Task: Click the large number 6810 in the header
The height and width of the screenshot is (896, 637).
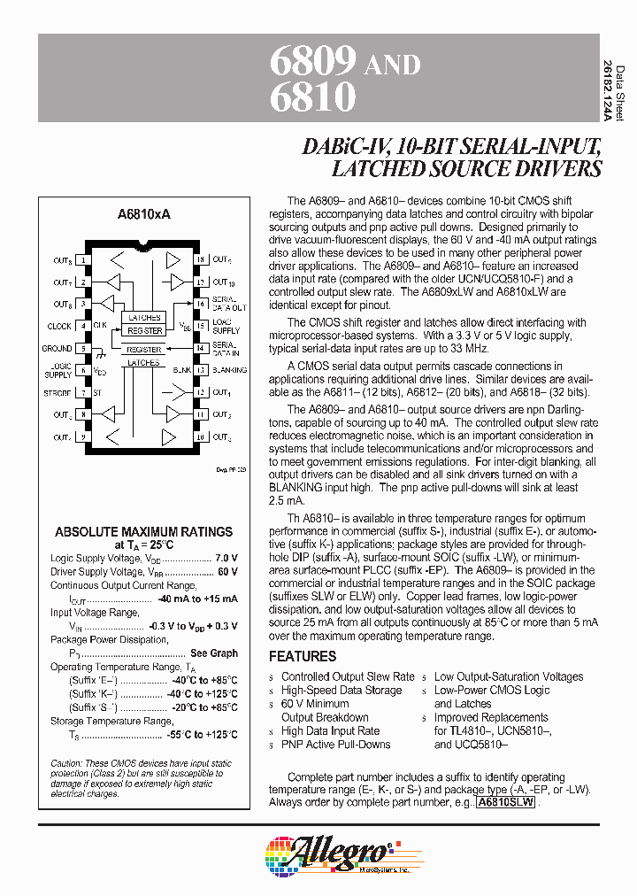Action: point(311,95)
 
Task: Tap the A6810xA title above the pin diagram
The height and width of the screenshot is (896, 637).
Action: point(143,214)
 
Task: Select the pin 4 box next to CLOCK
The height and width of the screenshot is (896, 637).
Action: point(84,326)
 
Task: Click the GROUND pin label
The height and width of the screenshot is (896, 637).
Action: point(58,348)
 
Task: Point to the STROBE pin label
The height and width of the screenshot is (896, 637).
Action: point(58,392)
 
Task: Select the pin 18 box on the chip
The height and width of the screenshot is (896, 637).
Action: point(200,259)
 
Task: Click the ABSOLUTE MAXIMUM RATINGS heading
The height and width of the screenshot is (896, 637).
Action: point(144,532)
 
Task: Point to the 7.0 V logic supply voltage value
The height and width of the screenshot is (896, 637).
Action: point(226,559)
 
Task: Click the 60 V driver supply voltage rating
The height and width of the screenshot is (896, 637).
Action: point(227,572)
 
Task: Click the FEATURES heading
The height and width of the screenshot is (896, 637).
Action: point(303,656)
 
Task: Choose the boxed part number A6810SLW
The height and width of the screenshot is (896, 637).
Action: point(505,803)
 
